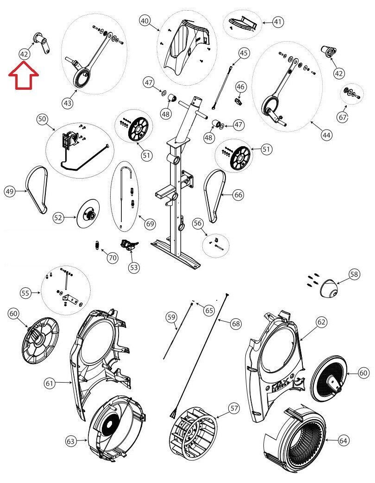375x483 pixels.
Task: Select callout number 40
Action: (145, 21)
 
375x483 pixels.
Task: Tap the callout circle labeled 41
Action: (277, 21)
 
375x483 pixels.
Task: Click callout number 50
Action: (42, 119)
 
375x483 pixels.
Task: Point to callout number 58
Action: (354, 275)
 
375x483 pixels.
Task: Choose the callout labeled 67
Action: (342, 118)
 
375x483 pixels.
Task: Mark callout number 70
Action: (112, 258)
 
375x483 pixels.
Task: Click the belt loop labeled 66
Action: (214, 195)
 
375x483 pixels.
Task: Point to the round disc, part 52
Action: (87, 216)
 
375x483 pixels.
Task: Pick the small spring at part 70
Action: (97, 245)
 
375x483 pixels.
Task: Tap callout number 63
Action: (70, 441)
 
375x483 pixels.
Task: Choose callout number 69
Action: (150, 224)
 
